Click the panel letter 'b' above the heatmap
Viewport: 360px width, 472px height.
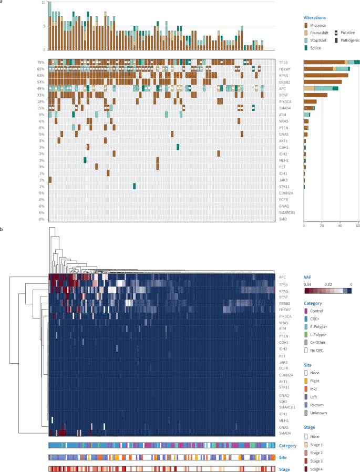(2, 230)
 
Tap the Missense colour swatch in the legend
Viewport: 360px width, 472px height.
(306, 25)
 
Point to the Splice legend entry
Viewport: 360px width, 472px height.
(317, 48)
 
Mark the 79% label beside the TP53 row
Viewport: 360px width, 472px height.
(41, 62)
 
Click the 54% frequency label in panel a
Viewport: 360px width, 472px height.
(41, 82)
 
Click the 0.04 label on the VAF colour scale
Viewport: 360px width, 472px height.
(307, 284)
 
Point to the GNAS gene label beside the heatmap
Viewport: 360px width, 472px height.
(283, 428)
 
